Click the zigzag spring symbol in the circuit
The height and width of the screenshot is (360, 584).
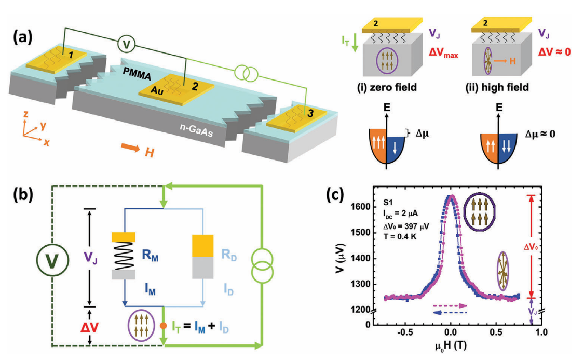click(123, 256)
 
